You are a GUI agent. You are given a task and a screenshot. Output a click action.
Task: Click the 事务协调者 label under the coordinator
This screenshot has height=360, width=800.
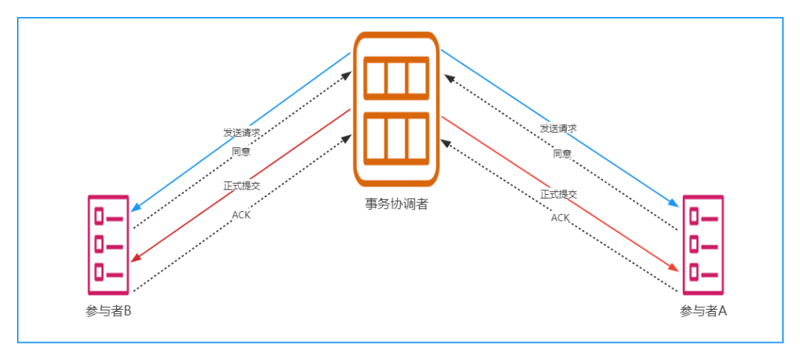396,204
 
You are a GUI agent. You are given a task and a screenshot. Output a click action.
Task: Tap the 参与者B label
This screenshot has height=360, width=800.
109,310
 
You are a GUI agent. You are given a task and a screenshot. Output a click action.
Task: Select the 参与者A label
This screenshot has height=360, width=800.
703,310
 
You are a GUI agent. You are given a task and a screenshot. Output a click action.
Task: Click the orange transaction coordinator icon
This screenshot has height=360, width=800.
396,110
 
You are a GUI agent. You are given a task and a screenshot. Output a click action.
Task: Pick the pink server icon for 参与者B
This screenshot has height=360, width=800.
108,244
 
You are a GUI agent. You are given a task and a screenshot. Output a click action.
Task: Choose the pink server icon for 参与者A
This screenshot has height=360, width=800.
703,244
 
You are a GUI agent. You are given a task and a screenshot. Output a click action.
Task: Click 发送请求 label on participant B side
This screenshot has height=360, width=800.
241,133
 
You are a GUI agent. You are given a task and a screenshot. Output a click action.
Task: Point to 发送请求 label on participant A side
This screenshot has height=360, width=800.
559,128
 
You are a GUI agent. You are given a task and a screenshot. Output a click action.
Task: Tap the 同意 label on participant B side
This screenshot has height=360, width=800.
241,151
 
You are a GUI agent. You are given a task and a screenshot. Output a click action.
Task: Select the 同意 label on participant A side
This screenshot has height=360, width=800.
561,153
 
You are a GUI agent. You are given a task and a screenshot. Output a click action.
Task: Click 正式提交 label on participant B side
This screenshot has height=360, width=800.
241,186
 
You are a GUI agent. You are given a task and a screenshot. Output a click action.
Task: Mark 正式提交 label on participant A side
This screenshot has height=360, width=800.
559,194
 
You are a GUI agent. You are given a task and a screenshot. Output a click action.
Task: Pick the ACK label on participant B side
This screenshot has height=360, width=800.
241,215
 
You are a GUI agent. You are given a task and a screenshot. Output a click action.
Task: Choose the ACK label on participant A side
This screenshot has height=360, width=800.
560,218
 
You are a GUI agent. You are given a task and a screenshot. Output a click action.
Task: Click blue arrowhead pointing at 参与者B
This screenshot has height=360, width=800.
136,207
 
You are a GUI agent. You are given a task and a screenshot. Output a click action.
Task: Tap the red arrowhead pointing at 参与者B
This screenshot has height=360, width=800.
136,258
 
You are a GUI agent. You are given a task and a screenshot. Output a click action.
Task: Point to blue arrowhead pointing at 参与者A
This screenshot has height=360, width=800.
673,202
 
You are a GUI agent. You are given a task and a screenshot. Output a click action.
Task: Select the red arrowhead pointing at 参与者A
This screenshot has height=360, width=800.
673,267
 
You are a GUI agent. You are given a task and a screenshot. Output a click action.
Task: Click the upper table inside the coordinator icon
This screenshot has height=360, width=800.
396,78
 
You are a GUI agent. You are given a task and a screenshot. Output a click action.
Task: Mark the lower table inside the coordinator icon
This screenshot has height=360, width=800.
396,139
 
